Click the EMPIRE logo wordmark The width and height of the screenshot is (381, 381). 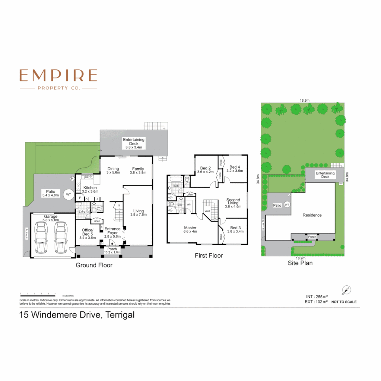[58, 75]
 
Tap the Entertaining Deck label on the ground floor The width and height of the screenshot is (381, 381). [134, 142]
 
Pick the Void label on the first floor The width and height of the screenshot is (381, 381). [207, 212]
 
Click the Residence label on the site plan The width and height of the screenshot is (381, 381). [312, 215]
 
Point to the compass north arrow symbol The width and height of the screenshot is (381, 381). [346, 290]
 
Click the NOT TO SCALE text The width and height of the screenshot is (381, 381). [344, 302]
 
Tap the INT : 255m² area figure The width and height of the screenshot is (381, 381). [316, 296]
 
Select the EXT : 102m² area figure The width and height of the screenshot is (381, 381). [316, 302]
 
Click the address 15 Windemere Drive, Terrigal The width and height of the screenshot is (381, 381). [77, 315]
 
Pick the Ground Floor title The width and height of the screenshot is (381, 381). [94, 265]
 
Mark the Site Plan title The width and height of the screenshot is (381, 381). [300, 263]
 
